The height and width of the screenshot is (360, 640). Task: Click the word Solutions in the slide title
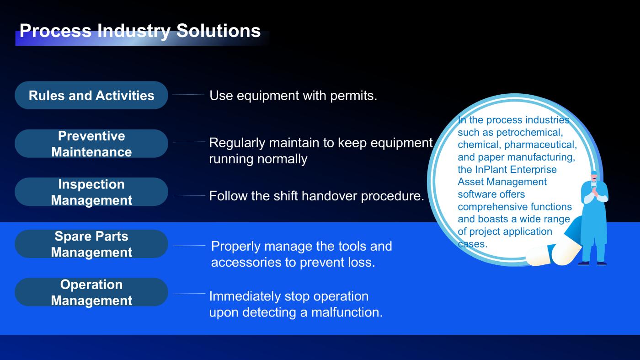[x=219, y=31]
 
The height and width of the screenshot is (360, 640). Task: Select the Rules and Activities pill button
[x=91, y=95]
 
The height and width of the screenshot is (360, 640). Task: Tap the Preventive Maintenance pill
[x=91, y=144]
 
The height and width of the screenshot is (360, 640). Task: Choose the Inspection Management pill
[x=91, y=192]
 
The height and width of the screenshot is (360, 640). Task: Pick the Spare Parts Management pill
[x=91, y=244]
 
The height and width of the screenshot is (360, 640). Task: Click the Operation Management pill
[x=91, y=292]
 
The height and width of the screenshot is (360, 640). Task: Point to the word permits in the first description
[x=353, y=96]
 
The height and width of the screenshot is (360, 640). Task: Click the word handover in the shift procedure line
[x=329, y=196]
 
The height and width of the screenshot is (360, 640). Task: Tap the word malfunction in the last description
[x=347, y=312]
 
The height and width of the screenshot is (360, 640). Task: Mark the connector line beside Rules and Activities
[x=188, y=94]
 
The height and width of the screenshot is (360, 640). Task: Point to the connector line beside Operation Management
[x=189, y=294]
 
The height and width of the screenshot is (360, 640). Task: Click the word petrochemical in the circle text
[x=529, y=133]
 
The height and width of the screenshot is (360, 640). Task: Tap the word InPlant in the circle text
[x=491, y=170]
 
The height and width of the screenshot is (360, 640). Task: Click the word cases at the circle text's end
[x=472, y=244]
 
